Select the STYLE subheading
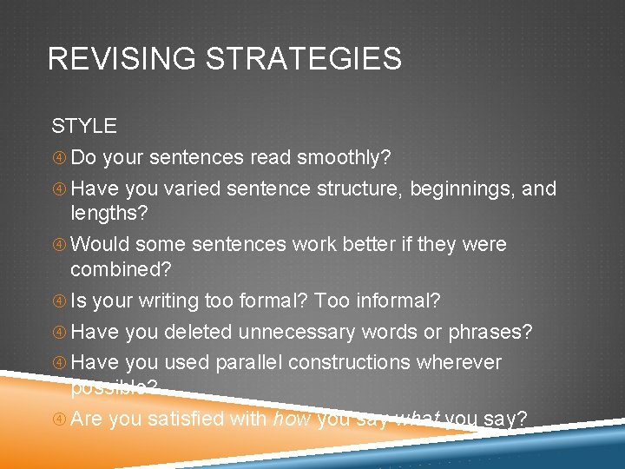tap(83, 126)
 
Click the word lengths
tap(109, 214)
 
